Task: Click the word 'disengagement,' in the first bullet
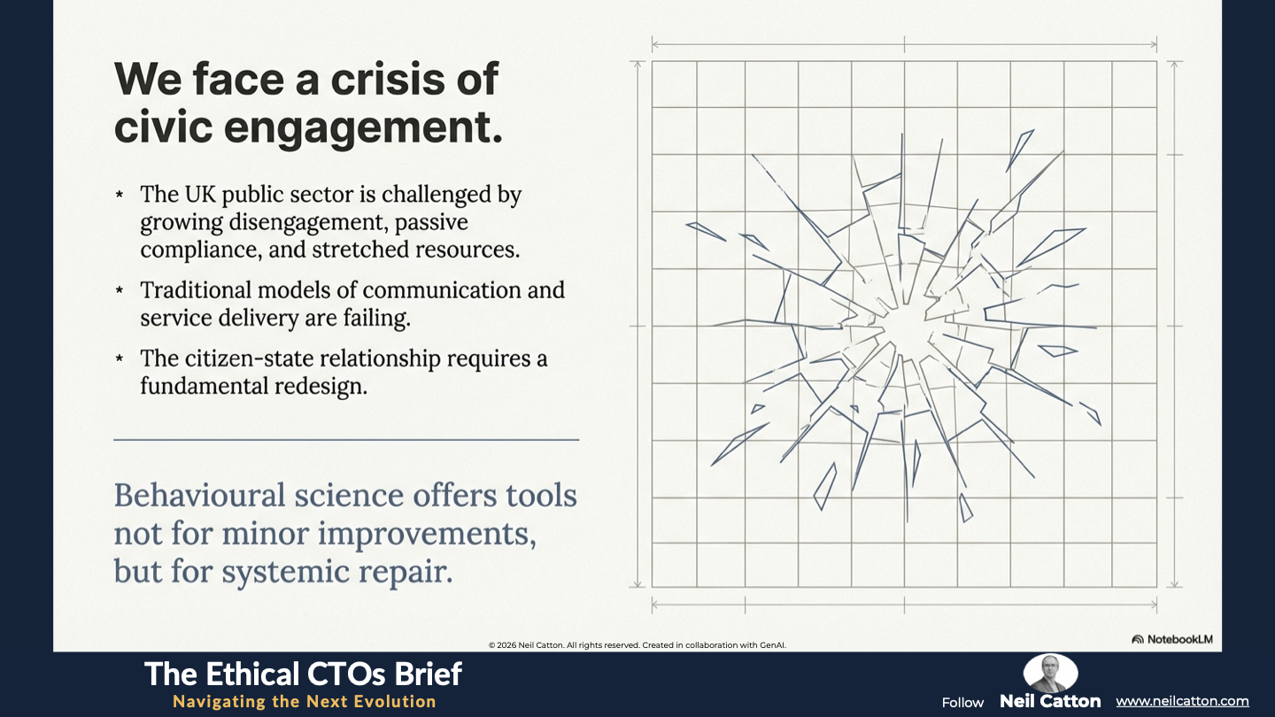pyautogui.click(x=308, y=223)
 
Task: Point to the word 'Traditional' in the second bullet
pyautogui.click(x=195, y=290)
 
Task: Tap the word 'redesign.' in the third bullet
pyautogui.click(x=321, y=387)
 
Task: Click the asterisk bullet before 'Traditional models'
pyautogui.click(x=120, y=290)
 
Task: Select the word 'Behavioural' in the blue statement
pyautogui.click(x=200, y=495)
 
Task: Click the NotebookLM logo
pyautogui.click(x=1172, y=639)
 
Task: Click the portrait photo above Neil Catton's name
pyautogui.click(x=1051, y=672)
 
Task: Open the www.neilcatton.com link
pyautogui.click(x=1182, y=702)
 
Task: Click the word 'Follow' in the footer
pyautogui.click(x=962, y=703)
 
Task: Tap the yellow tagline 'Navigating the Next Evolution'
pyautogui.click(x=305, y=702)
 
